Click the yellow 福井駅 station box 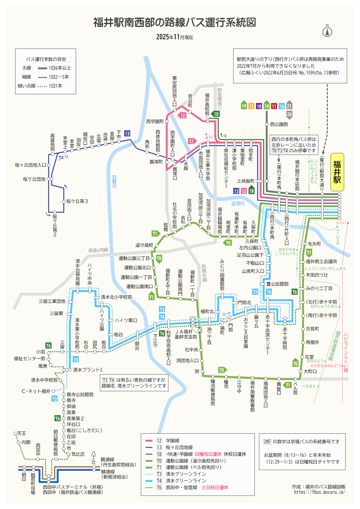pos(337,172)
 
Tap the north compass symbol pos(327,31)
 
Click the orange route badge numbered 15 pos(251,106)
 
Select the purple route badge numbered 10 pos(259,106)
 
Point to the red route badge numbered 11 pos(274,106)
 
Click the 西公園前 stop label pos(279,124)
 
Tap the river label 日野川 pos(114,181)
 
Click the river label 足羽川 pos(238,204)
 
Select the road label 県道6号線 pos(98,250)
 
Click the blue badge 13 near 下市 pos(127,134)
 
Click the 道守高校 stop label pos(144,245)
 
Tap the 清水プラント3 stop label pos(88,370)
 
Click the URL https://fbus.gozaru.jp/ pos(320,492)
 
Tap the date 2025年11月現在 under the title pos(175,37)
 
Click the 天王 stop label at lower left pos(21,433)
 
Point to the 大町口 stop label pos(310,371)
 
